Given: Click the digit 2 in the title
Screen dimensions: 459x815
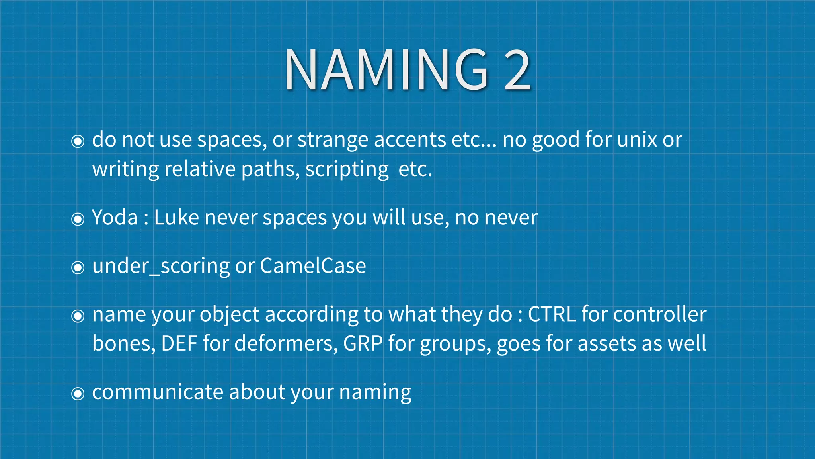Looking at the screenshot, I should pos(517,70).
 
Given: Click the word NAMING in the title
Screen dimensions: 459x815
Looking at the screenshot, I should pos(386,70).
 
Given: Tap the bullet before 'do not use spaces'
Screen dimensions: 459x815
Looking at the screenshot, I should pos(78,141).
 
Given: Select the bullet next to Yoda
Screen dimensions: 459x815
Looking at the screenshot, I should pos(78,219).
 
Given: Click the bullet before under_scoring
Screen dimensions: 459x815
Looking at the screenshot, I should pos(78,267).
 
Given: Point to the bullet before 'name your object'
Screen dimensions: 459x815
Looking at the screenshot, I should pos(78,316).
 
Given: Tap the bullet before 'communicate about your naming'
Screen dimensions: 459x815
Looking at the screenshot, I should pos(78,394).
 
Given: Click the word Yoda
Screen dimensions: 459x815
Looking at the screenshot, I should pos(115,218).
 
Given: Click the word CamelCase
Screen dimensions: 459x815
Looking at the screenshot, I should pos(313,266).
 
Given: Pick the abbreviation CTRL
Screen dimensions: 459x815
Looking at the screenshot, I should pos(552,314).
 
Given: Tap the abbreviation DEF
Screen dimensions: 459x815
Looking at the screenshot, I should pos(179,343).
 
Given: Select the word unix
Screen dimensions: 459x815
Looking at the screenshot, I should pos(637,140).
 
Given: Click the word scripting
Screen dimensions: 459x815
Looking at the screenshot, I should pos(347,170).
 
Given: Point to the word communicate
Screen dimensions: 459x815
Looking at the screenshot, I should pos(158,392).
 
